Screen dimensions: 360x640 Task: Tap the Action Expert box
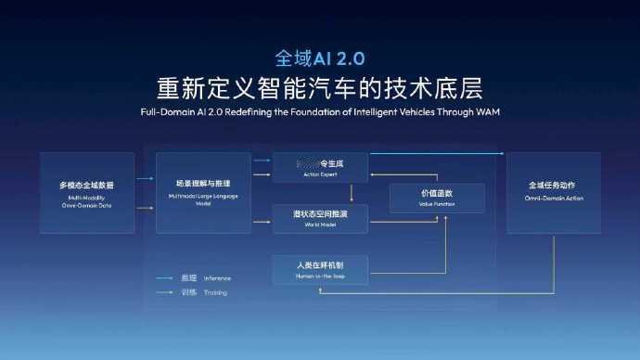pos(320,167)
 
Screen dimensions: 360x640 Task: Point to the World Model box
pos(320,218)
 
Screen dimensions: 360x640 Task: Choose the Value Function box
pos(438,197)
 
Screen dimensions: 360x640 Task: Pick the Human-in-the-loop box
pos(320,269)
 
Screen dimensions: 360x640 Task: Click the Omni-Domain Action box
pos(553,192)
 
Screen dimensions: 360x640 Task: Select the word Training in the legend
pos(215,292)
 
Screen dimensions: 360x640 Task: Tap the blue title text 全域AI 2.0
pos(319,58)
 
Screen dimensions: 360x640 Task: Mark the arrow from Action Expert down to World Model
pos(351,192)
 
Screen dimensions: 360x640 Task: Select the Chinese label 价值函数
pos(438,192)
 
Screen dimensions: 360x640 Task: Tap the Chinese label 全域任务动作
pos(553,186)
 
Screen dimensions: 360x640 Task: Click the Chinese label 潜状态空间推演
pos(320,214)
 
